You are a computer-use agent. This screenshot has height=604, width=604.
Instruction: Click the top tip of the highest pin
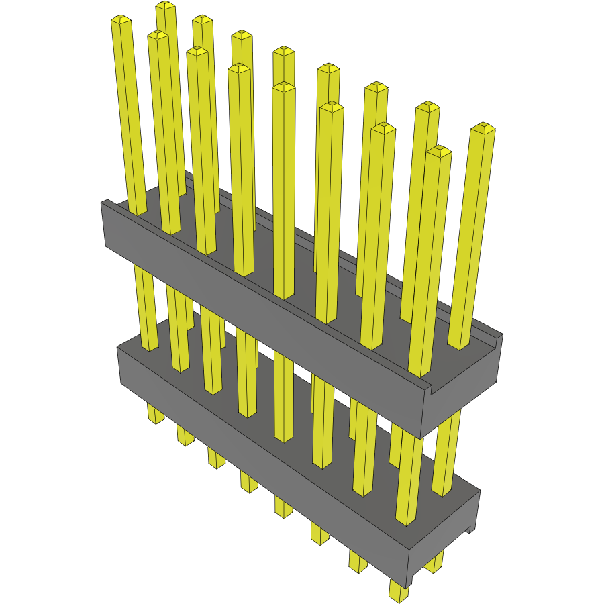point(165,6)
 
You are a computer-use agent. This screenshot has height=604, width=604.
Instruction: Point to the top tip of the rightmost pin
point(483,128)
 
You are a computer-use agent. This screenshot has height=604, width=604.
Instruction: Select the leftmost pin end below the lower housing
point(155,415)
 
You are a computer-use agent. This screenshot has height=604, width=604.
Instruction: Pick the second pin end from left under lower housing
point(185,436)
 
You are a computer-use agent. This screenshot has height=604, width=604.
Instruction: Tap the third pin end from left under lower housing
point(215,460)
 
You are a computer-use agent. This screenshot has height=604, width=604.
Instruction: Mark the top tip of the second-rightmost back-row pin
point(427,107)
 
